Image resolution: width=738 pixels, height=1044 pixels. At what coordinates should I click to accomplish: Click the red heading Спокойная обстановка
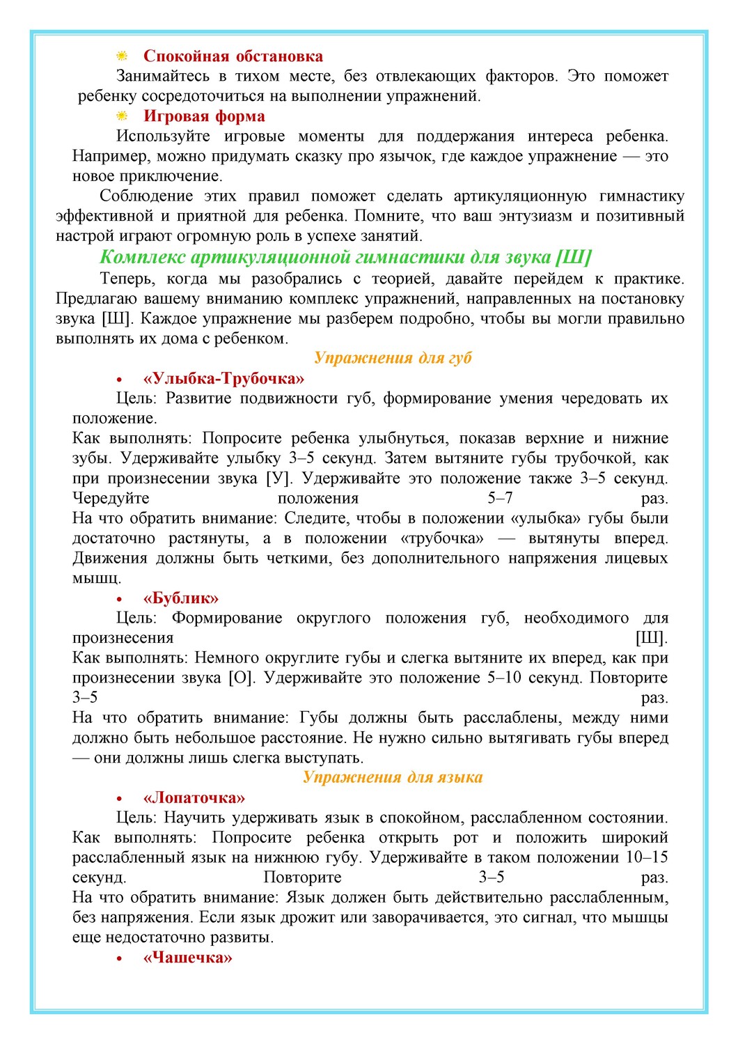pyautogui.click(x=233, y=56)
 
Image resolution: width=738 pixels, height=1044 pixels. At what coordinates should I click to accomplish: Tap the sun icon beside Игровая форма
pyautogui.click(x=122, y=116)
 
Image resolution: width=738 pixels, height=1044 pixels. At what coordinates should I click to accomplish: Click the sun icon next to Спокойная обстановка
pyautogui.click(x=122, y=56)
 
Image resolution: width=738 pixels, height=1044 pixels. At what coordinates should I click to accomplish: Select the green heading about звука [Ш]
pyautogui.click(x=345, y=257)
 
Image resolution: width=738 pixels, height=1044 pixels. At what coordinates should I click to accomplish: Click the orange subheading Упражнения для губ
pyautogui.click(x=393, y=358)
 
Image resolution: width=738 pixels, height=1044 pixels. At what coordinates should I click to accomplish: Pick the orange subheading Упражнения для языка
pyautogui.click(x=393, y=777)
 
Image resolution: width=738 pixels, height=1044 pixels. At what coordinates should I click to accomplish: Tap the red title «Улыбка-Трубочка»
pyautogui.click(x=223, y=379)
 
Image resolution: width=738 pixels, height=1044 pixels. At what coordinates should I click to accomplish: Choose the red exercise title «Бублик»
pyautogui.click(x=181, y=598)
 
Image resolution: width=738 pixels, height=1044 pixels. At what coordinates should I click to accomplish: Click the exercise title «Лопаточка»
pyautogui.click(x=194, y=798)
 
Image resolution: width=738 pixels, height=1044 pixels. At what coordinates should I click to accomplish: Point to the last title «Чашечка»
pyautogui.click(x=187, y=958)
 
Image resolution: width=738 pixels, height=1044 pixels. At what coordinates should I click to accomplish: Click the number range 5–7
pyautogui.click(x=500, y=499)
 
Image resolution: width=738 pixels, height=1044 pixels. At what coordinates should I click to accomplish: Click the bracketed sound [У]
pyautogui.click(x=280, y=478)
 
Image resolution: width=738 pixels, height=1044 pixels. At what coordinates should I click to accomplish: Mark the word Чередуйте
pyautogui.click(x=111, y=499)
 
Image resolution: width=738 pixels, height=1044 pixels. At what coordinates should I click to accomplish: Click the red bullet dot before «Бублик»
pyautogui.click(x=120, y=599)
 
